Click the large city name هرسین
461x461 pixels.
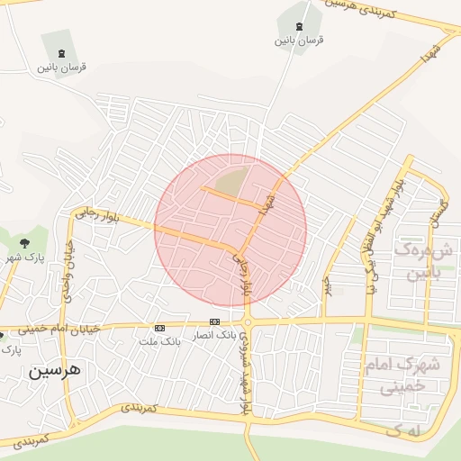[x=54, y=369]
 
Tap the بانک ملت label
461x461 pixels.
[x=159, y=341]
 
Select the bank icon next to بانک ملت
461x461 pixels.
[x=160, y=328]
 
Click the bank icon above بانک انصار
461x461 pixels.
[x=214, y=321]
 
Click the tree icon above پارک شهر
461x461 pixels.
[x=24, y=242]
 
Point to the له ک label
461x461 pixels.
[x=404, y=431]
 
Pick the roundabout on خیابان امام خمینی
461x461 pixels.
[x=248, y=321]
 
